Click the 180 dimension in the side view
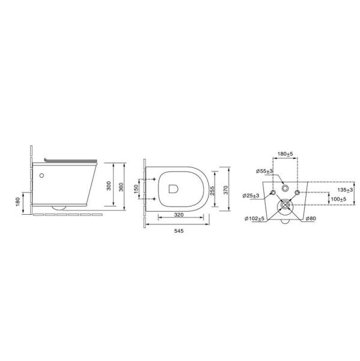click(x=18, y=202)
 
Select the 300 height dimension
click(x=109, y=186)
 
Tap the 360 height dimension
click(x=121, y=187)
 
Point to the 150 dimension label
click(x=136, y=189)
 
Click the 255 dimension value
click(x=213, y=191)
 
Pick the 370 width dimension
click(x=225, y=190)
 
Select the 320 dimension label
click(x=178, y=215)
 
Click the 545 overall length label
click(x=178, y=231)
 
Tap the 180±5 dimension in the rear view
click(x=285, y=154)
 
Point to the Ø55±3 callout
click(x=264, y=171)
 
